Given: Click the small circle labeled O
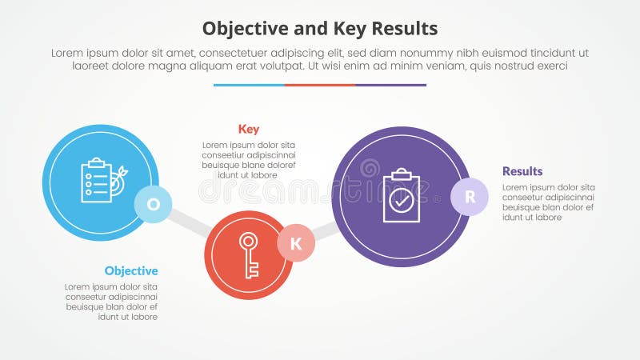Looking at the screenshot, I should [x=154, y=204].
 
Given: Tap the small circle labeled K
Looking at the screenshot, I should [x=296, y=244].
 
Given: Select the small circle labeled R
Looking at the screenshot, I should [x=470, y=197].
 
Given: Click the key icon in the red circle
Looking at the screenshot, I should [x=249, y=254].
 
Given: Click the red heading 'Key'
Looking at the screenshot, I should [x=249, y=129].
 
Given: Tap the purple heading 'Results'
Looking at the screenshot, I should [x=522, y=171].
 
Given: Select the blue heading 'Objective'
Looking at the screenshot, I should [x=131, y=270].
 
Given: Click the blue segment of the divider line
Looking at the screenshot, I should [x=249, y=85].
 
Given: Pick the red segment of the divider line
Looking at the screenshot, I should [x=320, y=85].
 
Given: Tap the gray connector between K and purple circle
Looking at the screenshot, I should [x=325, y=231].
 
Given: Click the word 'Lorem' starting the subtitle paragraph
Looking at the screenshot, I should [x=68, y=53].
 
